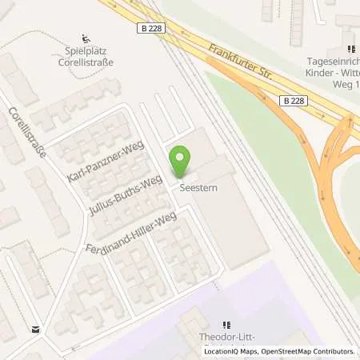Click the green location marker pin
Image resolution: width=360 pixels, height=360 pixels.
coord(180,161)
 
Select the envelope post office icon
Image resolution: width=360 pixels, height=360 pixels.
coord(36,329)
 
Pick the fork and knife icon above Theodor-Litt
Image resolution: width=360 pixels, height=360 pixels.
coord(226,325)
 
